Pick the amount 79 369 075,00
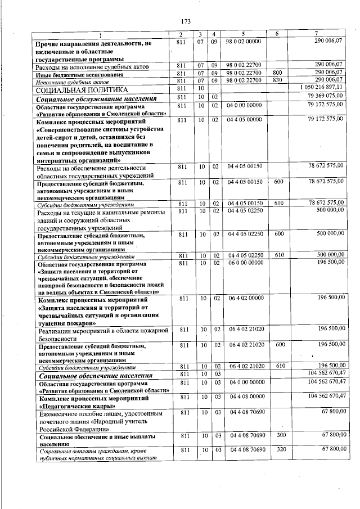tap(325, 97)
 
